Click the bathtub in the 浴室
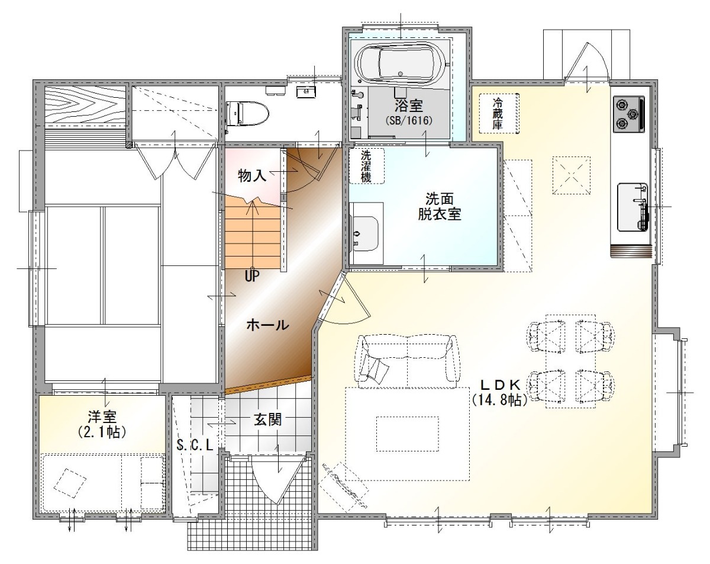(402, 65)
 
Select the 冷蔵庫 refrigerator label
(498, 113)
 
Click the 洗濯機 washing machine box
(367, 166)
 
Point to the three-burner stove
(629, 114)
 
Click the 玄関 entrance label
(267, 419)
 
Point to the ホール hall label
(267, 325)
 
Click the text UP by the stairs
(253, 276)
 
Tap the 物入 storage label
(252, 176)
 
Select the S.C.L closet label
(195, 445)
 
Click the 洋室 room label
(102, 416)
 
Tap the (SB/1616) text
(408, 121)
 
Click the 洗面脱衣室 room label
(440, 207)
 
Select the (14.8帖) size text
(499, 400)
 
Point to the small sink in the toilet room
(306, 91)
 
